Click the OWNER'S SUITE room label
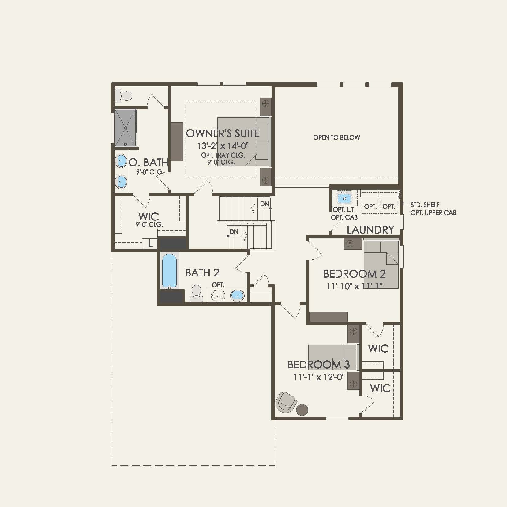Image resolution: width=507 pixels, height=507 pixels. point(223,133)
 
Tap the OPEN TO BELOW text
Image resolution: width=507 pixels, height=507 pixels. point(336,137)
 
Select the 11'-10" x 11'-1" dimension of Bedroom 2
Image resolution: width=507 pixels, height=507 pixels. point(355,286)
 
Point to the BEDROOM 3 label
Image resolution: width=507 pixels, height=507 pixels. point(318,365)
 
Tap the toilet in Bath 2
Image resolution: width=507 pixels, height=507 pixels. point(196,293)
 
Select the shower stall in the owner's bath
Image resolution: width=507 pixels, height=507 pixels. point(126,128)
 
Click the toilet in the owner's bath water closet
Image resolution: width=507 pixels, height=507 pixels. point(125,96)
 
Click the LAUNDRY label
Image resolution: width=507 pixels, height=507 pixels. point(370,230)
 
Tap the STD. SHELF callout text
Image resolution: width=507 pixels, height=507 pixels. point(425,205)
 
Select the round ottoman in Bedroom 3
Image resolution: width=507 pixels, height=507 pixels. point(302,410)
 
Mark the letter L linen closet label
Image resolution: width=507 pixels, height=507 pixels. point(150,244)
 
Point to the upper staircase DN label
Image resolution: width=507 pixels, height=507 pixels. point(265,204)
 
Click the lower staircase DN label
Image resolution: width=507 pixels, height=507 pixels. point(234,232)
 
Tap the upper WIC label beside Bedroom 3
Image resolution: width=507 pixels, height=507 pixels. point(378,348)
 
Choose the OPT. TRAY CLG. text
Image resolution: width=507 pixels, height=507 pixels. point(223,155)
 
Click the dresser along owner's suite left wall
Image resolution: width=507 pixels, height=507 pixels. point(177,141)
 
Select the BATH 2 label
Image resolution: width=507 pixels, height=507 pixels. point(202,272)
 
